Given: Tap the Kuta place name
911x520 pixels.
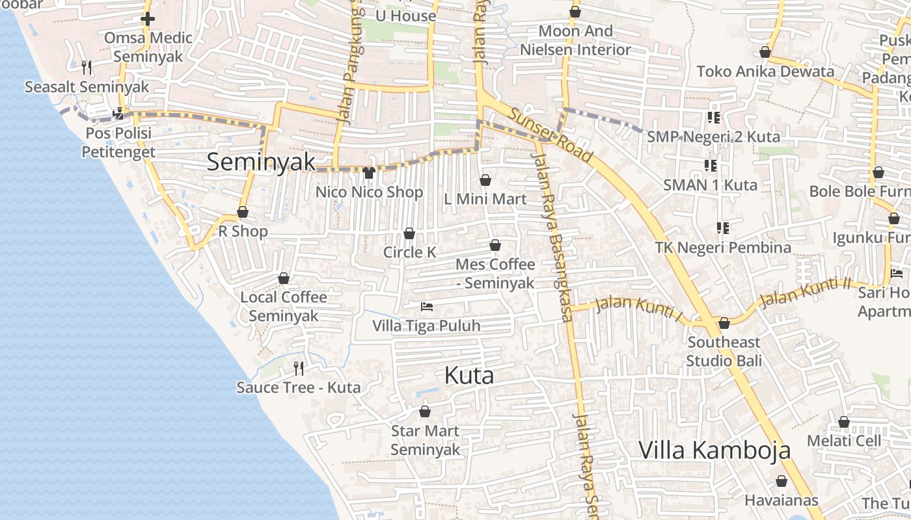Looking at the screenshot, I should [x=469, y=376].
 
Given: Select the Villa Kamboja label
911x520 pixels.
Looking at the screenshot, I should [x=714, y=450].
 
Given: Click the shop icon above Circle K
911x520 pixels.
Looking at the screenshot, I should [x=409, y=233].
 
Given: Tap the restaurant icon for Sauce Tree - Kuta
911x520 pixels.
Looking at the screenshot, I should [x=299, y=369].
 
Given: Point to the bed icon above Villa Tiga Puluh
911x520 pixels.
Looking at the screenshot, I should [x=427, y=306].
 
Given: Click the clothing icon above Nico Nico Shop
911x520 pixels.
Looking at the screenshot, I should [x=369, y=173].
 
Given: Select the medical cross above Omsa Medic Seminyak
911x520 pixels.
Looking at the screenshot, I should [x=148, y=19].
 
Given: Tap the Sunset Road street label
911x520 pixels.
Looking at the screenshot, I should [x=551, y=135].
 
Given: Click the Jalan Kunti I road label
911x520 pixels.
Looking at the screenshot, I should [x=639, y=309].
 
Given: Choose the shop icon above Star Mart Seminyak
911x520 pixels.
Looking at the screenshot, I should [x=425, y=411].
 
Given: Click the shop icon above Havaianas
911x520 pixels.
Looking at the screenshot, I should [x=782, y=482].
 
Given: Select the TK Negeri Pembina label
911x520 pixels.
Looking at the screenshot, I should [x=722, y=248].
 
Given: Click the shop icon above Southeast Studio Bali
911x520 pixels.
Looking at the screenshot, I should [x=724, y=323].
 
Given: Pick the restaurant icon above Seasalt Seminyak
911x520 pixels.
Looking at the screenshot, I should [x=87, y=67].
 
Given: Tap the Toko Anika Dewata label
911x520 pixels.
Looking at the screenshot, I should [x=765, y=71].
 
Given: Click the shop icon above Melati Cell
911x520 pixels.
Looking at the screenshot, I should [x=844, y=422].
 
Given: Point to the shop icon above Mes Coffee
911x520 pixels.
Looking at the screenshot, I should [x=495, y=246].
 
